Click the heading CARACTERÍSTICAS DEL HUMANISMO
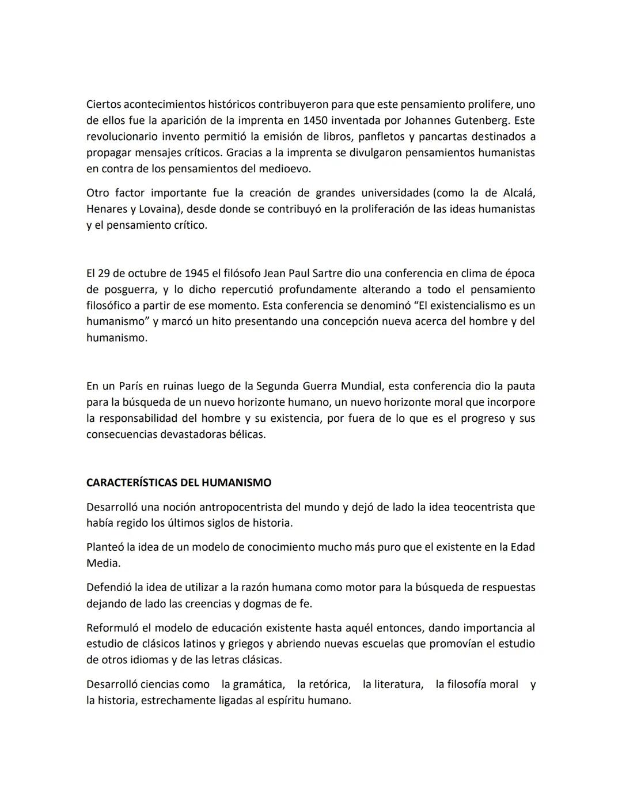(179, 482)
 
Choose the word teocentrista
(483, 507)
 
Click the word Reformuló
(113, 628)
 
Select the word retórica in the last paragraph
(329, 685)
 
